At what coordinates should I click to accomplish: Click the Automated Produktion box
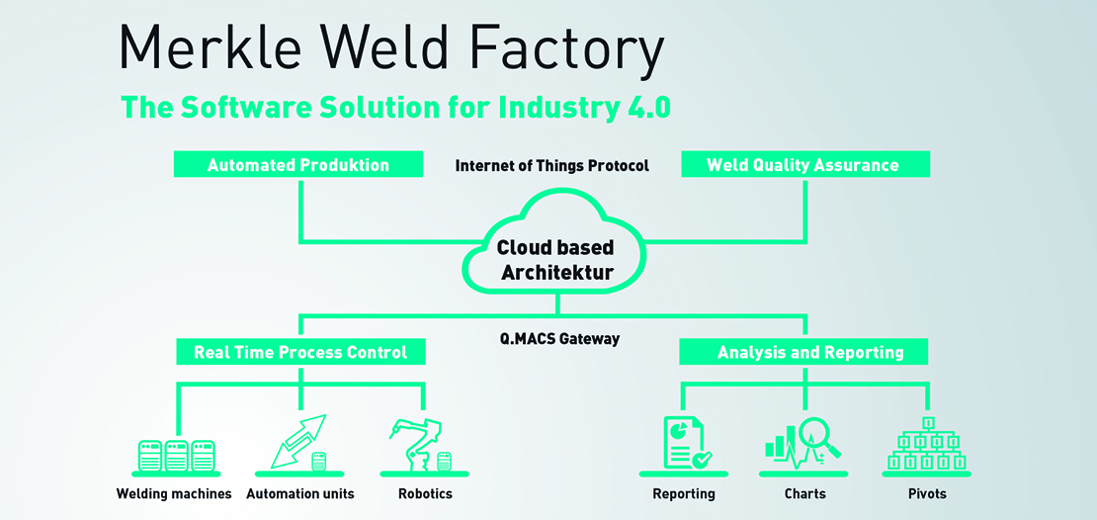click(x=298, y=165)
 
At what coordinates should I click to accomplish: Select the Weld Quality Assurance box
click(x=804, y=165)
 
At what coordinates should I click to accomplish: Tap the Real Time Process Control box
click(x=300, y=352)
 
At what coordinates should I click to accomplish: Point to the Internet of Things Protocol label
click(x=551, y=166)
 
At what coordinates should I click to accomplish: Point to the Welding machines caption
click(x=174, y=493)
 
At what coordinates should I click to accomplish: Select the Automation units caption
click(x=299, y=493)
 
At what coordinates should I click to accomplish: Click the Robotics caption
click(x=425, y=493)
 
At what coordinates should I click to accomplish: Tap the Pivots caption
click(x=926, y=493)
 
